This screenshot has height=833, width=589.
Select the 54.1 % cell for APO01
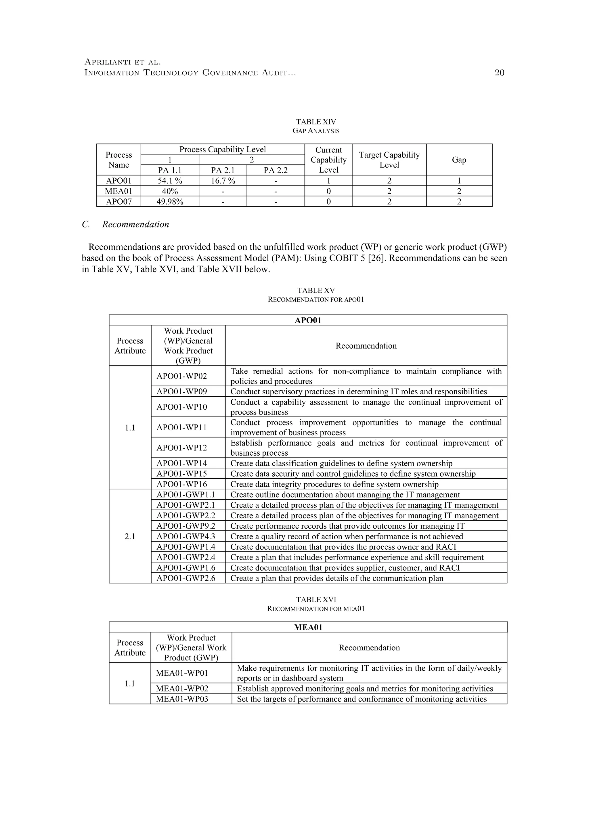[170, 181]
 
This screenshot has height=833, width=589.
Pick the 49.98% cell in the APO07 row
[170, 201]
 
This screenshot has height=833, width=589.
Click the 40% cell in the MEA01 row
[170, 191]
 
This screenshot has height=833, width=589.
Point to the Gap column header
[459, 160]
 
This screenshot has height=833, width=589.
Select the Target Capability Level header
[389, 160]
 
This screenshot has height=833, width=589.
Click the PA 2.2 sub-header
[275, 170]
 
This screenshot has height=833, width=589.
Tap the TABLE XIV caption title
[316, 122]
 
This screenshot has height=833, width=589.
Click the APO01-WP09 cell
[182, 391]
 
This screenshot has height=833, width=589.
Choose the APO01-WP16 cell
[182, 484]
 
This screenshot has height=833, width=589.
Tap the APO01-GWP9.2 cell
[186, 526]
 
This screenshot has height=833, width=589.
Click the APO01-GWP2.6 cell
[186, 578]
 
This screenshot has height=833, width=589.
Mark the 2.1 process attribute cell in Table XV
[130, 536]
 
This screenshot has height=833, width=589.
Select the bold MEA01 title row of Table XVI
[308, 627]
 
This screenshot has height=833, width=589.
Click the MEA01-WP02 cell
[182, 688]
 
